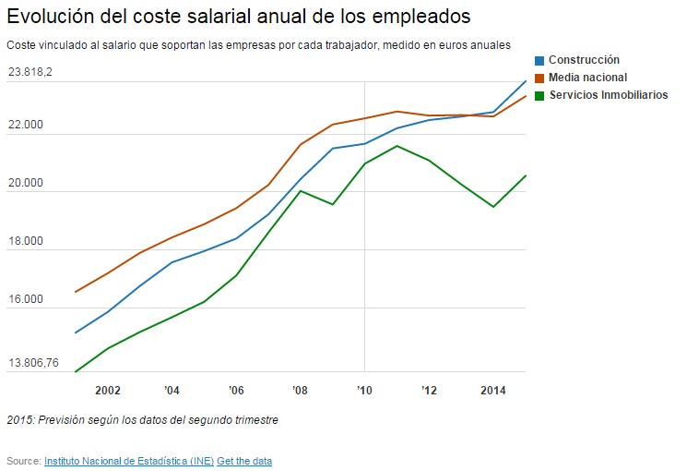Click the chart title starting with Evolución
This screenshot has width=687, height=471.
(238, 18)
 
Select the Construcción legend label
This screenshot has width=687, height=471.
(584, 60)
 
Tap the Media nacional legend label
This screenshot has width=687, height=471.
(587, 78)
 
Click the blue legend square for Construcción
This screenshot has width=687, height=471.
(540, 60)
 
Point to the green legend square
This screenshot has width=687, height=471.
(540, 95)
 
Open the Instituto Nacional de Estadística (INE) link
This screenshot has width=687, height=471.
(128, 461)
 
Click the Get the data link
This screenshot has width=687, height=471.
(244, 461)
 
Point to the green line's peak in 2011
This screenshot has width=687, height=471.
(397, 146)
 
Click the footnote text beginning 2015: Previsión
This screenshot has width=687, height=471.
(142, 420)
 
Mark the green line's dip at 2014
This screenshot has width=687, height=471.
(493, 207)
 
